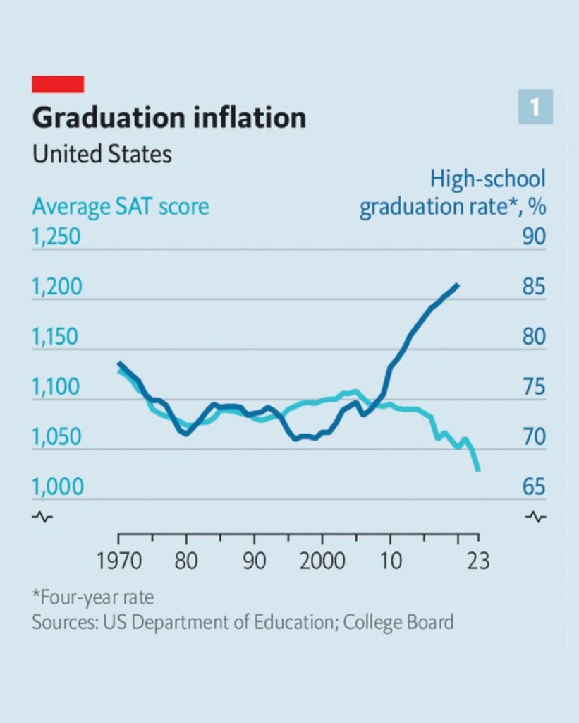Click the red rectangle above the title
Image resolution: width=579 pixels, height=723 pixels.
click(58, 84)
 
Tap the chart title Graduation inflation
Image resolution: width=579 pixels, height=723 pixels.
click(169, 118)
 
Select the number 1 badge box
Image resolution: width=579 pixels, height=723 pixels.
click(535, 107)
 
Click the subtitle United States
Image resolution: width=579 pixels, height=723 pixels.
click(102, 154)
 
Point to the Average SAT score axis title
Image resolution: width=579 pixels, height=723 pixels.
click(121, 207)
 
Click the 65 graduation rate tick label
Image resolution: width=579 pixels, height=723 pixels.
click(534, 486)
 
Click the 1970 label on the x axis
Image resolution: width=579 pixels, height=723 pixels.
click(119, 562)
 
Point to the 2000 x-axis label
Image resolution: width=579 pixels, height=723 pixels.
click(322, 562)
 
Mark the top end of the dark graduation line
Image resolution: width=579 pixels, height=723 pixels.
click(458, 285)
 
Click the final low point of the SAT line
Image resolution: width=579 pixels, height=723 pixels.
click(479, 470)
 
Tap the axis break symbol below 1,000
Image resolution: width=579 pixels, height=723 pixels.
click(42, 518)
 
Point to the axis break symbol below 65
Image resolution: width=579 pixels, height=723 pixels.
click(535, 518)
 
